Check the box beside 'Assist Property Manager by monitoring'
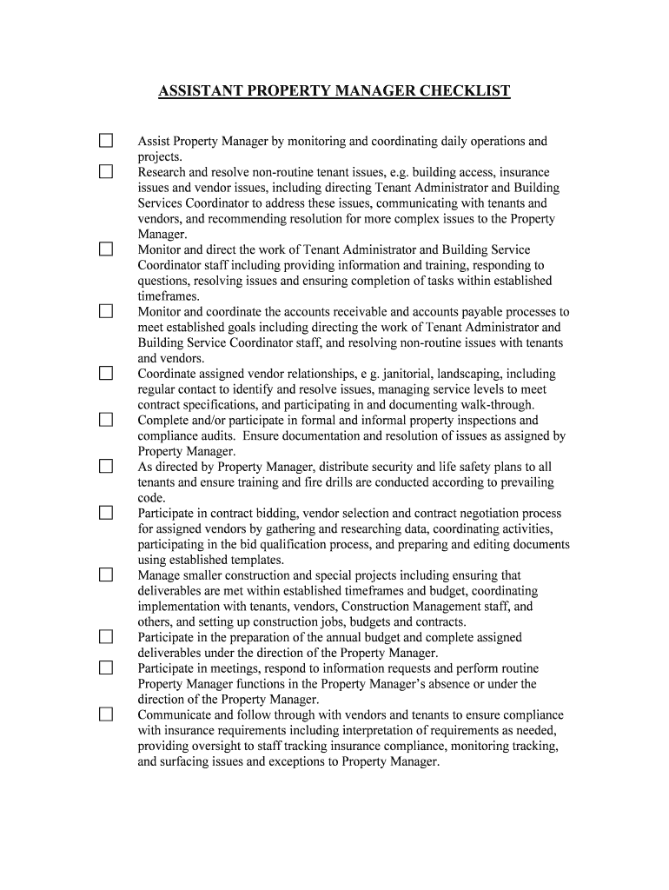pos(106,141)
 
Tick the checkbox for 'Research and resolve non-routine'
pos(106,172)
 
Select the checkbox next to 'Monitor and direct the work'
pos(106,249)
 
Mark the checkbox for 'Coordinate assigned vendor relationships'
pos(106,374)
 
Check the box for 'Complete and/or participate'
pos(106,420)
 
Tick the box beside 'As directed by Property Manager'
pos(106,467)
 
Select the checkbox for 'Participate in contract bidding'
pos(106,513)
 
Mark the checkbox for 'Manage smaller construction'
pos(106,575)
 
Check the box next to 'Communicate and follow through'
pos(106,714)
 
